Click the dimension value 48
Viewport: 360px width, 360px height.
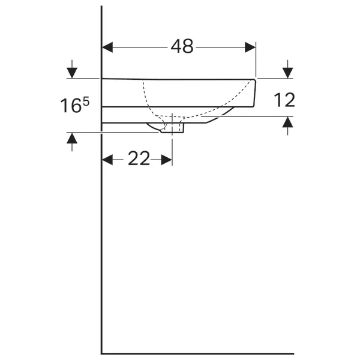(182, 46)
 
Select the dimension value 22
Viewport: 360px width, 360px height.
(138, 159)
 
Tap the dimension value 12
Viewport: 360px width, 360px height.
(284, 100)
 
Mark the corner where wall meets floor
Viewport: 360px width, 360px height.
(101, 353)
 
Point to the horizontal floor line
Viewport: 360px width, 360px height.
(198, 353)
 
